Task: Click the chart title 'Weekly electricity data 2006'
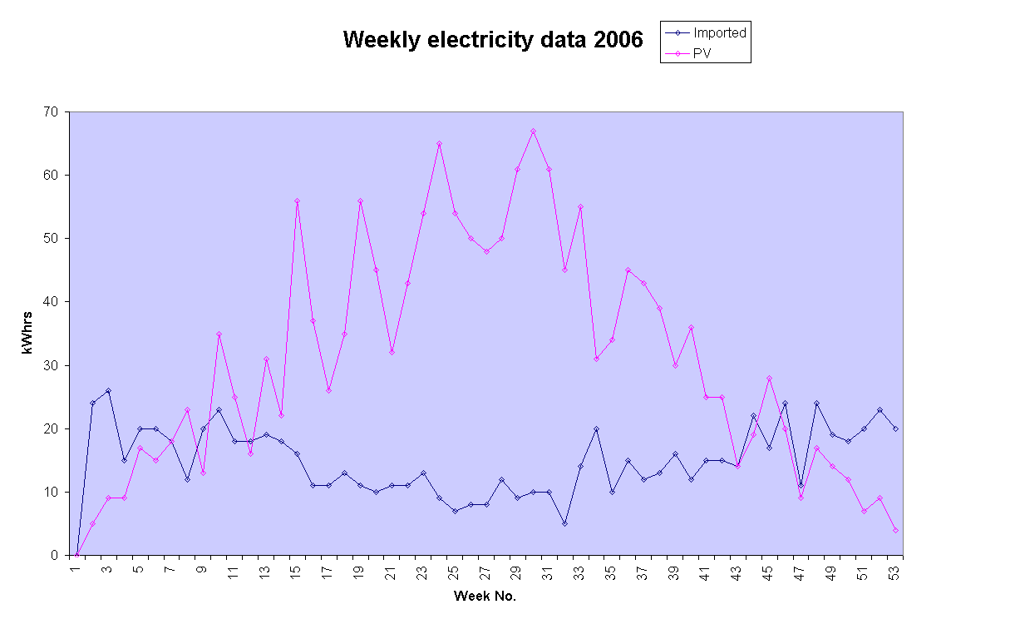pyautogui.click(x=493, y=40)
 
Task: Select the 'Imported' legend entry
pyautogui.click(x=719, y=33)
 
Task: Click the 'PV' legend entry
pyautogui.click(x=702, y=53)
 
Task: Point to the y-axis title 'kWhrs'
pyautogui.click(x=27, y=333)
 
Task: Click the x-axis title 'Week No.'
pyautogui.click(x=485, y=597)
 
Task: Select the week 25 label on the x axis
pyautogui.click(x=455, y=573)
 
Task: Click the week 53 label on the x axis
pyautogui.click(x=895, y=573)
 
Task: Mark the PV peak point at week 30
pyautogui.click(x=533, y=131)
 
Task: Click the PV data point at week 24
pyautogui.click(x=439, y=143)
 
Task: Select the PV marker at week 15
pyautogui.click(x=297, y=201)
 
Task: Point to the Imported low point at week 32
pyautogui.click(x=564, y=523)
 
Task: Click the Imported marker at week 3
pyautogui.click(x=108, y=390)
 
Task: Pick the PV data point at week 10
pyautogui.click(x=219, y=334)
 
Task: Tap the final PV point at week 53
pyautogui.click(x=895, y=530)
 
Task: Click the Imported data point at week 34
pyautogui.click(x=596, y=428)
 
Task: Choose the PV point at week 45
pyautogui.click(x=770, y=378)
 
